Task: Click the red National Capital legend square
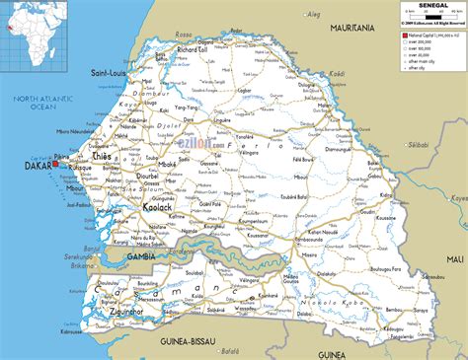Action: [x=404, y=35]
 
